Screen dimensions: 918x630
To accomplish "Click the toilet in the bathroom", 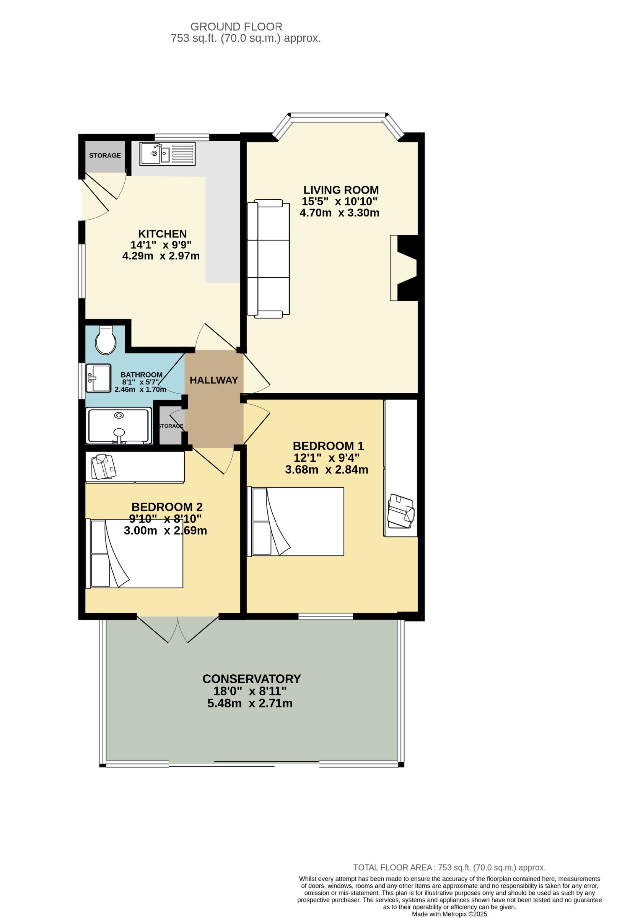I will (106, 340).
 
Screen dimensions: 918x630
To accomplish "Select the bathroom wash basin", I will (98, 378).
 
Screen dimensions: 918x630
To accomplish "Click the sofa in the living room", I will (268, 259).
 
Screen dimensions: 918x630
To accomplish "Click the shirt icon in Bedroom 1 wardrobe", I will (401, 511).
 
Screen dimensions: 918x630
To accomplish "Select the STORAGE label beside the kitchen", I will (105, 156).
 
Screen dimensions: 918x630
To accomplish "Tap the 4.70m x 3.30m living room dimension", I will (339, 213).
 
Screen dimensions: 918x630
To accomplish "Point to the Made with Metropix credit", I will (449, 914).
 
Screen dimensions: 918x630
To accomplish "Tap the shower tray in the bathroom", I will (119, 426).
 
